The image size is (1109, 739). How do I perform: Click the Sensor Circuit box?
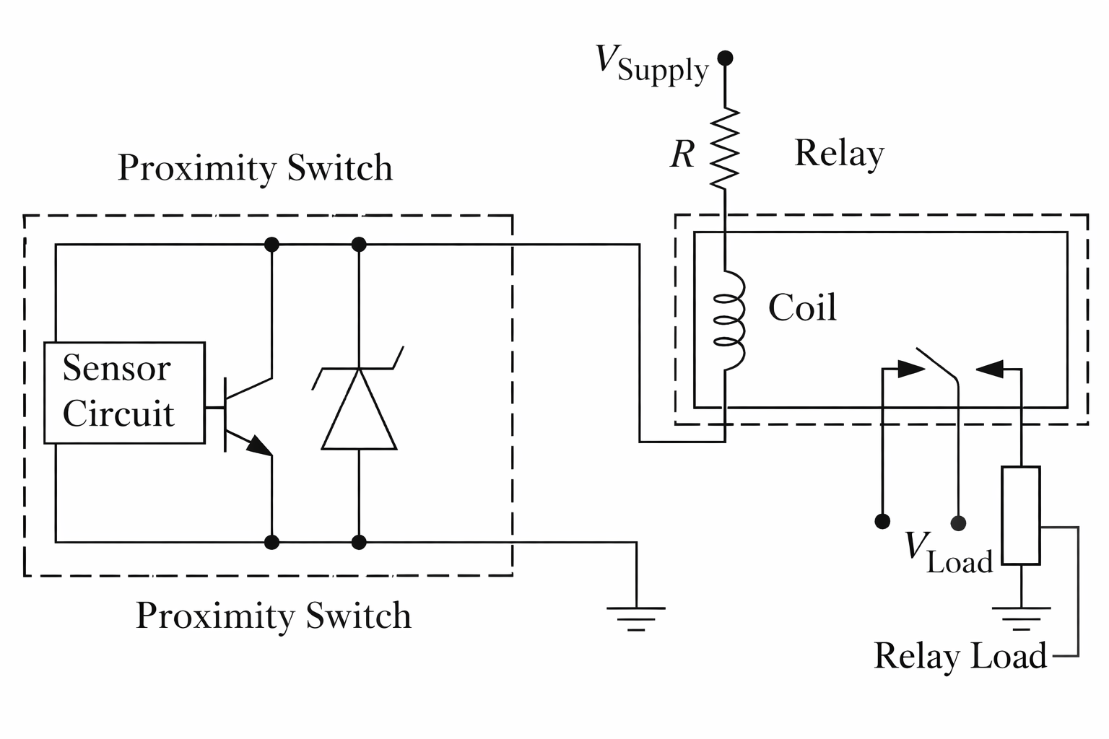[x=124, y=392]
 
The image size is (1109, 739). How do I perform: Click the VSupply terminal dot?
[x=725, y=58]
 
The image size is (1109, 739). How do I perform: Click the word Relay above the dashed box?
[x=839, y=154]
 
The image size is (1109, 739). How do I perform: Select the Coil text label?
[x=802, y=308]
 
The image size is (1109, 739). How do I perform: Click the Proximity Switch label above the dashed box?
[x=255, y=168]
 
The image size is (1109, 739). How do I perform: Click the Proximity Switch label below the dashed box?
[x=273, y=616]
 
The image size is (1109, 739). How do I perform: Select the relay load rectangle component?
[x=1021, y=515]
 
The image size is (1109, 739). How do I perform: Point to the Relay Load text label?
[x=960, y=656]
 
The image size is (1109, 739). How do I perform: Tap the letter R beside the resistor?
[x=682, y=154]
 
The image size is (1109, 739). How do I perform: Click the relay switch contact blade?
[x=937, y=364]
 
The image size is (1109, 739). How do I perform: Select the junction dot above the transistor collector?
[x=271, y=245]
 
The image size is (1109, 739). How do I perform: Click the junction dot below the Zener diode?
[x=359, y=541]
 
